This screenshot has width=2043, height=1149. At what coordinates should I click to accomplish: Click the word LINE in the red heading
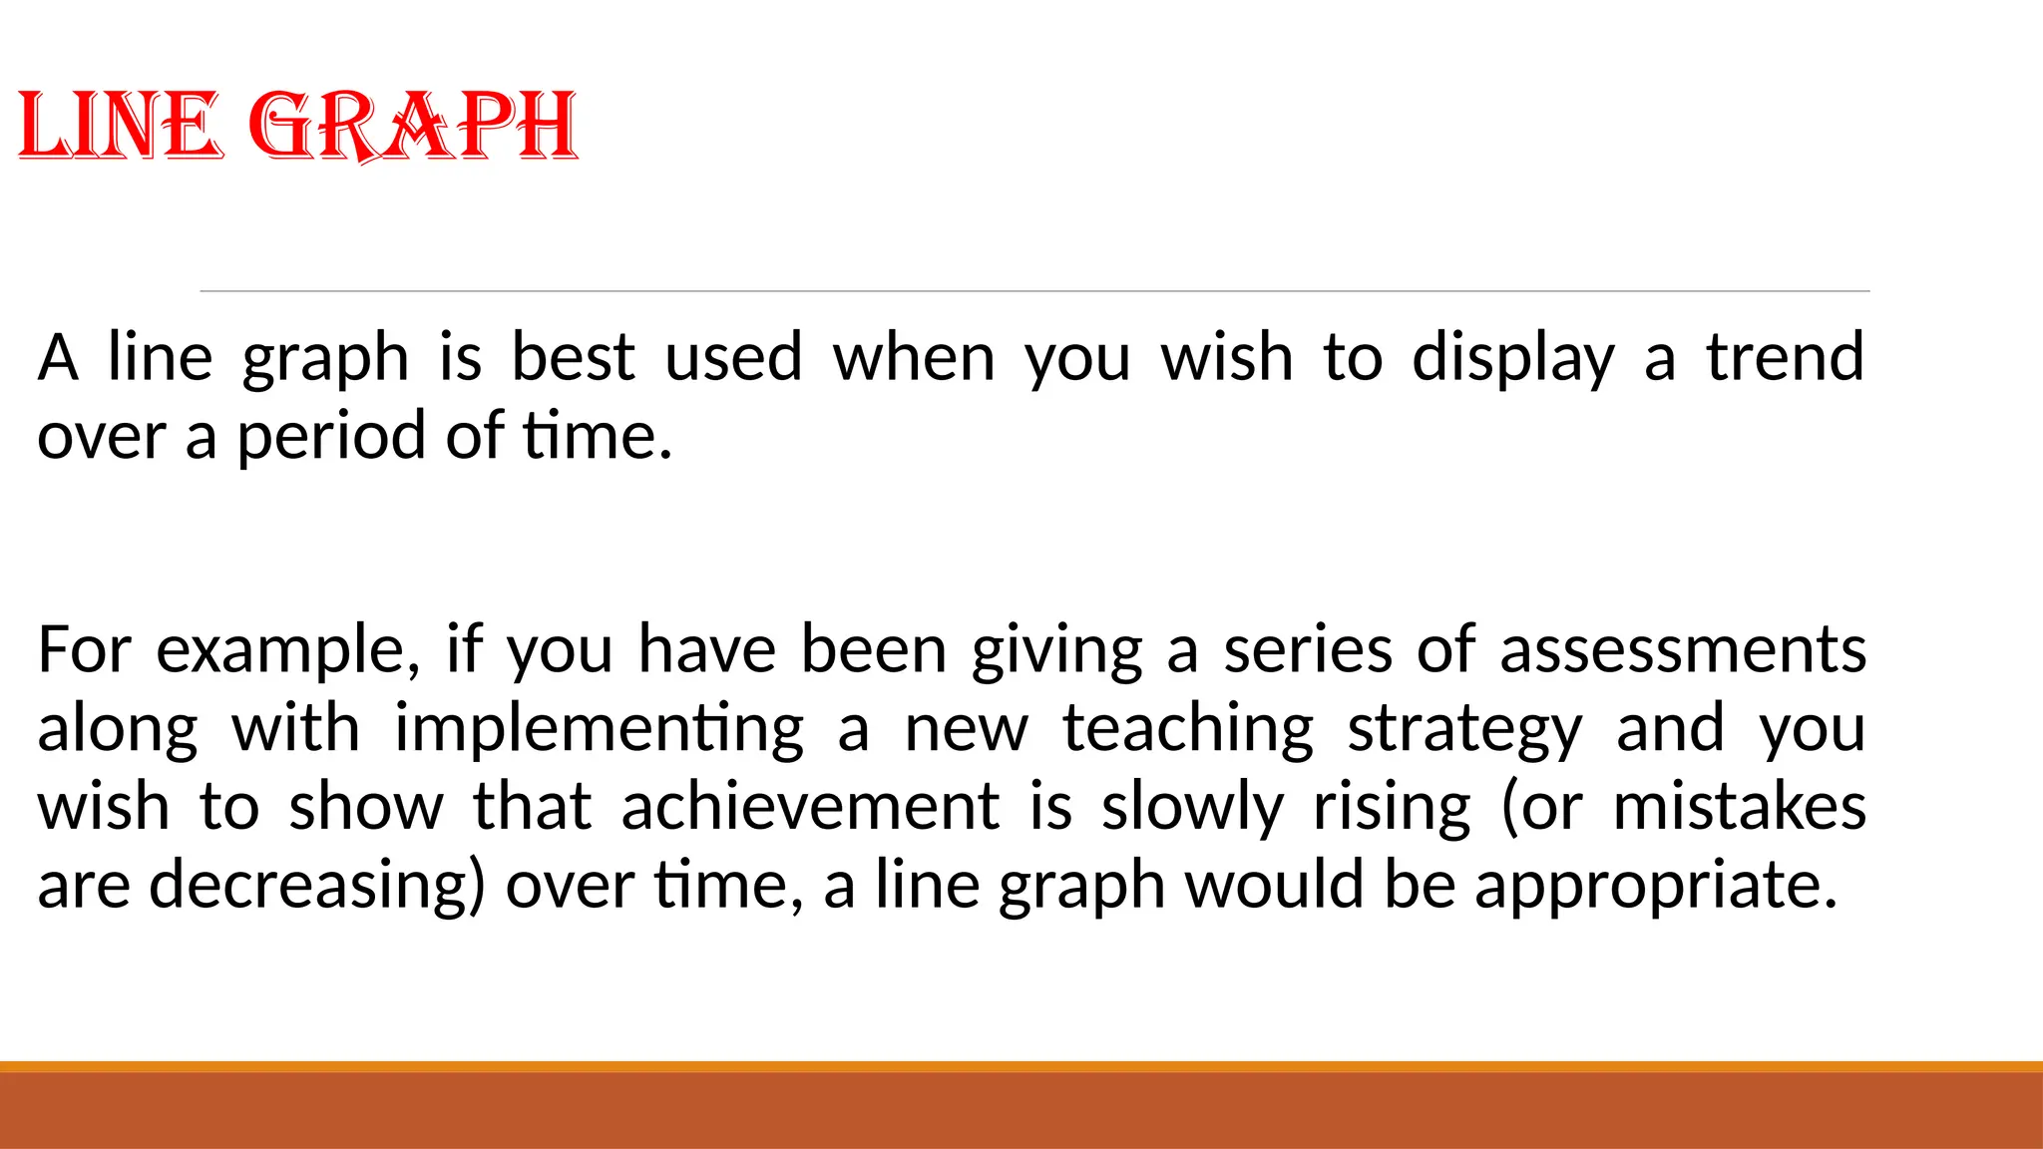[118, 126]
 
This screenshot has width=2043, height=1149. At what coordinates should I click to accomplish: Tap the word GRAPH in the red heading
[412, 126]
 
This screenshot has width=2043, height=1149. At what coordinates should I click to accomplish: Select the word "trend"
[1785, 357]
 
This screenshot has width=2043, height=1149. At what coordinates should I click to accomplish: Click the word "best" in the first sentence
[573, 357]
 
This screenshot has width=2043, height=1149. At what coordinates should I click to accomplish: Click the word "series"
[1307, 650]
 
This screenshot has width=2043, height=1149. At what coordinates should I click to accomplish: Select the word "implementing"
[599, 730]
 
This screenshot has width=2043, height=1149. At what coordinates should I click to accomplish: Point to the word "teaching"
[1188, 730]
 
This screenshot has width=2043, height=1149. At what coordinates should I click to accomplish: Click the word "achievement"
[810, 807]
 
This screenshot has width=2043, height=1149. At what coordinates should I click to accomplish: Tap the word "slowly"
[1193, 809]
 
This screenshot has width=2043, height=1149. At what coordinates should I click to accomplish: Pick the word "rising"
[1392, 809]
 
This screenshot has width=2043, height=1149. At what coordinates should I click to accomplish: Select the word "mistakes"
[1739, 807]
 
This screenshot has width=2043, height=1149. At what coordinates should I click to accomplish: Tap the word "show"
[366, 807]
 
